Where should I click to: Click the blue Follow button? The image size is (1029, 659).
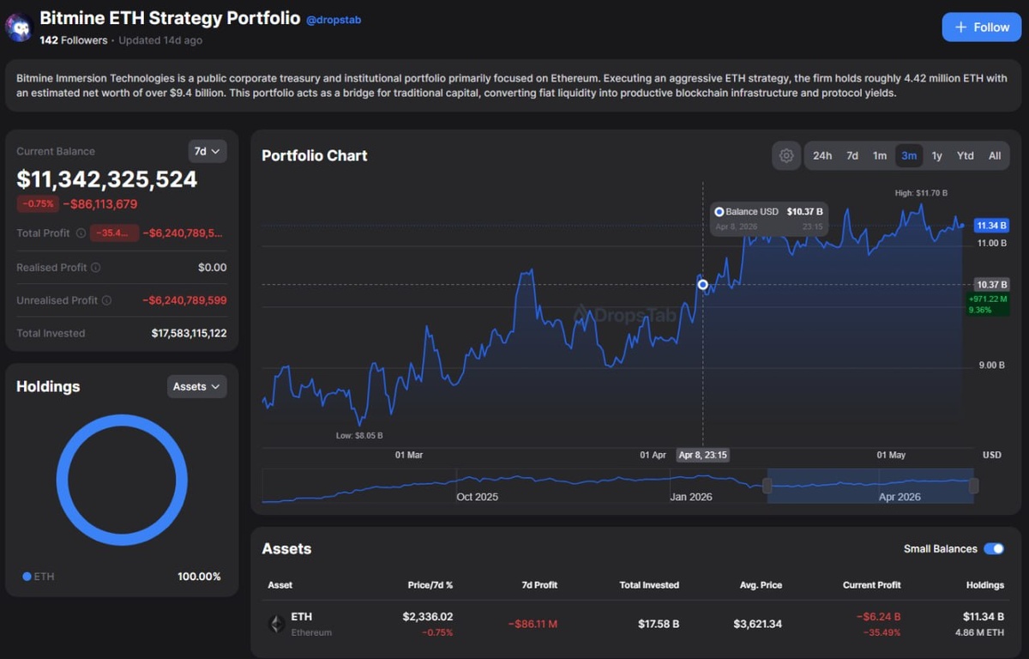coord(982,27)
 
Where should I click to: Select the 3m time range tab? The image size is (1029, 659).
coord(909,156)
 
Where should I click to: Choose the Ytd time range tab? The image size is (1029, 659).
coord(966,156)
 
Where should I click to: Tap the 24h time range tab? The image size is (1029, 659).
coord(822,156)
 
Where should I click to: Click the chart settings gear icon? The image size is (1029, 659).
coord(786,156)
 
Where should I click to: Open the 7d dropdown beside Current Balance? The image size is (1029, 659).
coord(208,151)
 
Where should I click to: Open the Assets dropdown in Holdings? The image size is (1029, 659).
coord(196,386)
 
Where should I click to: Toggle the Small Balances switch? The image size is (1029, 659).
coord(994,548)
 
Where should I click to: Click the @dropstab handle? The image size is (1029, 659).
coord(334,20)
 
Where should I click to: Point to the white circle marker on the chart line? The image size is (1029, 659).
coord(702,285)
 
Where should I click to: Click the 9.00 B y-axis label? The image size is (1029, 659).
coord(991,366)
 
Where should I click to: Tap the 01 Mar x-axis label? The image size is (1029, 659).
coord(409,455)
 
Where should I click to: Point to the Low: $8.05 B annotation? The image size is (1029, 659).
coord(359,435)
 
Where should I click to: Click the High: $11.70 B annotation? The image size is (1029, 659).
coord(921,193)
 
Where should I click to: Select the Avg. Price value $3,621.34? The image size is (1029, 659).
coord(757,624)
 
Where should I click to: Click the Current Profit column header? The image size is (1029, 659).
coord(871,585)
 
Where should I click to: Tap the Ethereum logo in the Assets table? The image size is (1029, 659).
coord(276,624)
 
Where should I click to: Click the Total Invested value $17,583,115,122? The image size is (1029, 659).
coord(189,333)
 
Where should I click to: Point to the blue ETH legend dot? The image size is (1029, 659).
coord(27,577)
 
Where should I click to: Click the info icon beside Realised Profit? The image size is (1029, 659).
coord(95,268)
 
